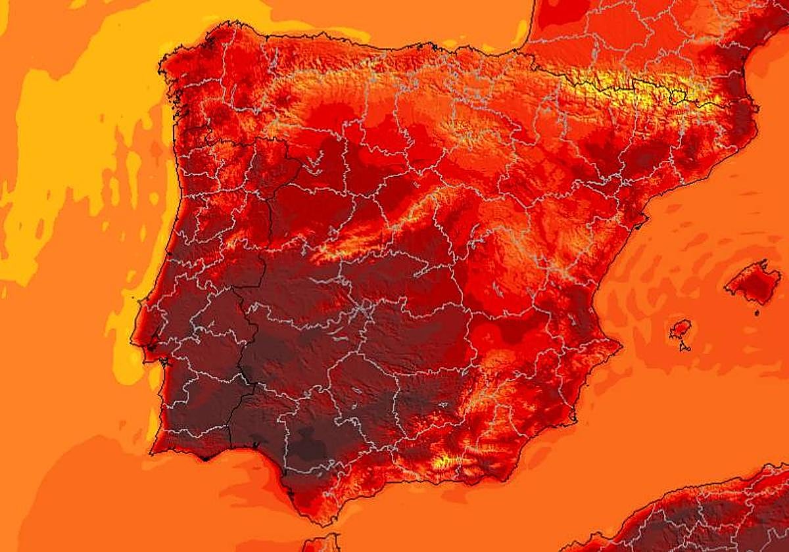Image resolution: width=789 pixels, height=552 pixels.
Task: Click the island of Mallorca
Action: coord(753,284)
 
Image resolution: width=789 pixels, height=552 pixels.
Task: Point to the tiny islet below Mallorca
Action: coord(756,313)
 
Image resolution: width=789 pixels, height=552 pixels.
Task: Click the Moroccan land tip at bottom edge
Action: coord(322,544)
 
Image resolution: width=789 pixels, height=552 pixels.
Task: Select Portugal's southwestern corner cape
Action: coord(153,452)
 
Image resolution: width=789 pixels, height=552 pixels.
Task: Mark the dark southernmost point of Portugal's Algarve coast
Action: coord(205,458)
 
